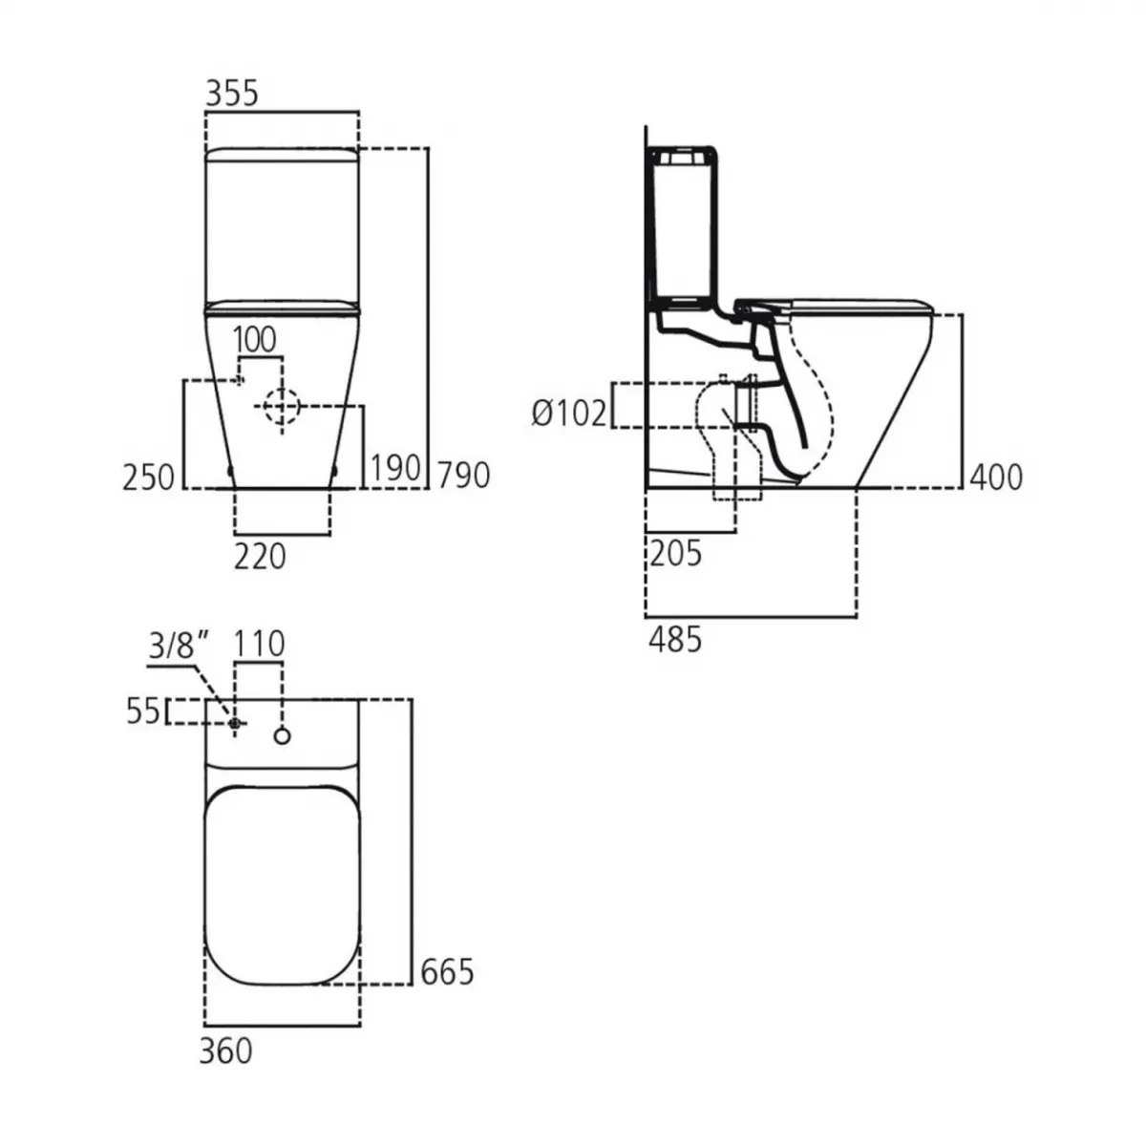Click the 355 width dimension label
point(232,93)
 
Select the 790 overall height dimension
point(464,475)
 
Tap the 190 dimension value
point(395,468)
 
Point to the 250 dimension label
point(149,477)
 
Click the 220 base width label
point(260,555)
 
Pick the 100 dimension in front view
point(254,339)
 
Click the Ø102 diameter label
point(569,414)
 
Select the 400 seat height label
point(996,477)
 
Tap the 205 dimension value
point(675,553)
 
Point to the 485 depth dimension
point(675,639)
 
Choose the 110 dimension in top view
point(260,645)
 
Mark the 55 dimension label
point(143,711)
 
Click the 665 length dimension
point(447,971)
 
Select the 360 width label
point(226,1050)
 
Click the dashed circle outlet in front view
point(281,407)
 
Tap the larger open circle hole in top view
point(282,734)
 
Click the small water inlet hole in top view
point(235,724)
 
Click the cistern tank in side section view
point(682,229)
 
